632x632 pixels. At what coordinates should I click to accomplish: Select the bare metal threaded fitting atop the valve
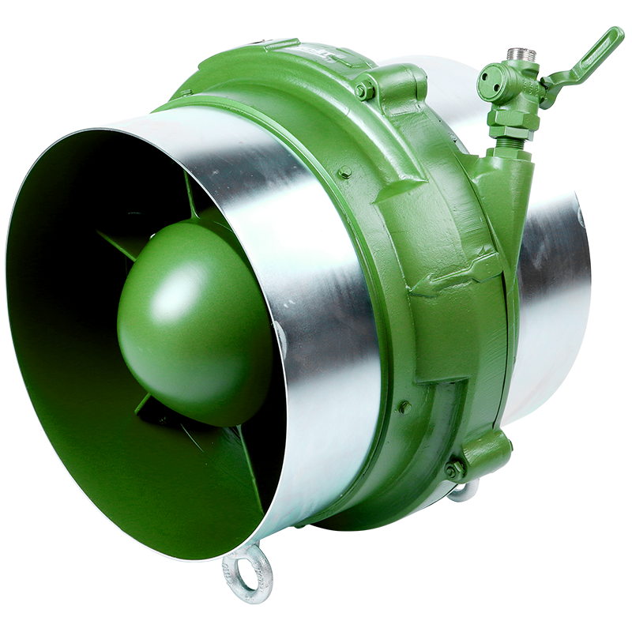pos(520,54)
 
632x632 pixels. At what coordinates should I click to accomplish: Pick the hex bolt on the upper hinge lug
pos(364,91)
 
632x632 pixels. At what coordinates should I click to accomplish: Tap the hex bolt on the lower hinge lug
pos(455,469)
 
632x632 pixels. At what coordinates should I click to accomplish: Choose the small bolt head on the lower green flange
pos(404,406)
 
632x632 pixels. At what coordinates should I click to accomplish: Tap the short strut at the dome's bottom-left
pos(142,405)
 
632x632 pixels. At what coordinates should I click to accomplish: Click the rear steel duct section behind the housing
pos(553,300)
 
